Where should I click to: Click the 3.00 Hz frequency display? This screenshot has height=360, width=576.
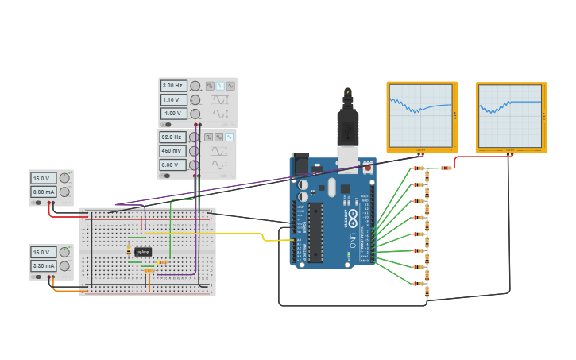(x=173, y=86)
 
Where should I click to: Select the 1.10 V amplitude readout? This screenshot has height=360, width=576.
(x=173, y=100)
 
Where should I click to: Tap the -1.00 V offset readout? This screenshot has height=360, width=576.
(x=173, y=114)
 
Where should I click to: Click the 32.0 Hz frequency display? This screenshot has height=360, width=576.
(x=173, y=137)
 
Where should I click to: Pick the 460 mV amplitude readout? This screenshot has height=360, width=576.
(x=173, y=150)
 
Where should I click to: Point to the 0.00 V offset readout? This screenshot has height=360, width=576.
(x=173, y=165)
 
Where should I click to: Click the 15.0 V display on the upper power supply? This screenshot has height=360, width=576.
(x=43, y=179)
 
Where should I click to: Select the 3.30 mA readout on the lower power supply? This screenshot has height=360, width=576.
(x=43, y=266)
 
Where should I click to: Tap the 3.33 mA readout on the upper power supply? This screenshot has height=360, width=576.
(x=43, y=192)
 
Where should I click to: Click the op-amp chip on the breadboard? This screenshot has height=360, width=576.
(x=143, y=251)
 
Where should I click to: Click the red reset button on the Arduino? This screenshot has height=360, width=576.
(x=368, y=168)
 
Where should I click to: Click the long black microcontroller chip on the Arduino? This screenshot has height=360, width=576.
(x=315, y=232)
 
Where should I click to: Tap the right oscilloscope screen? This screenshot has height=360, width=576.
(x=510, y=115)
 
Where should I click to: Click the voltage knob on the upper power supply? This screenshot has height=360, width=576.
(x=65, y=179)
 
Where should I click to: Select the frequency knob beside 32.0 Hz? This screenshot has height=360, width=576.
(x=194, y=137)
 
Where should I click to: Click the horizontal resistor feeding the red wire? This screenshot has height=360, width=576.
(x=446, y=168)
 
